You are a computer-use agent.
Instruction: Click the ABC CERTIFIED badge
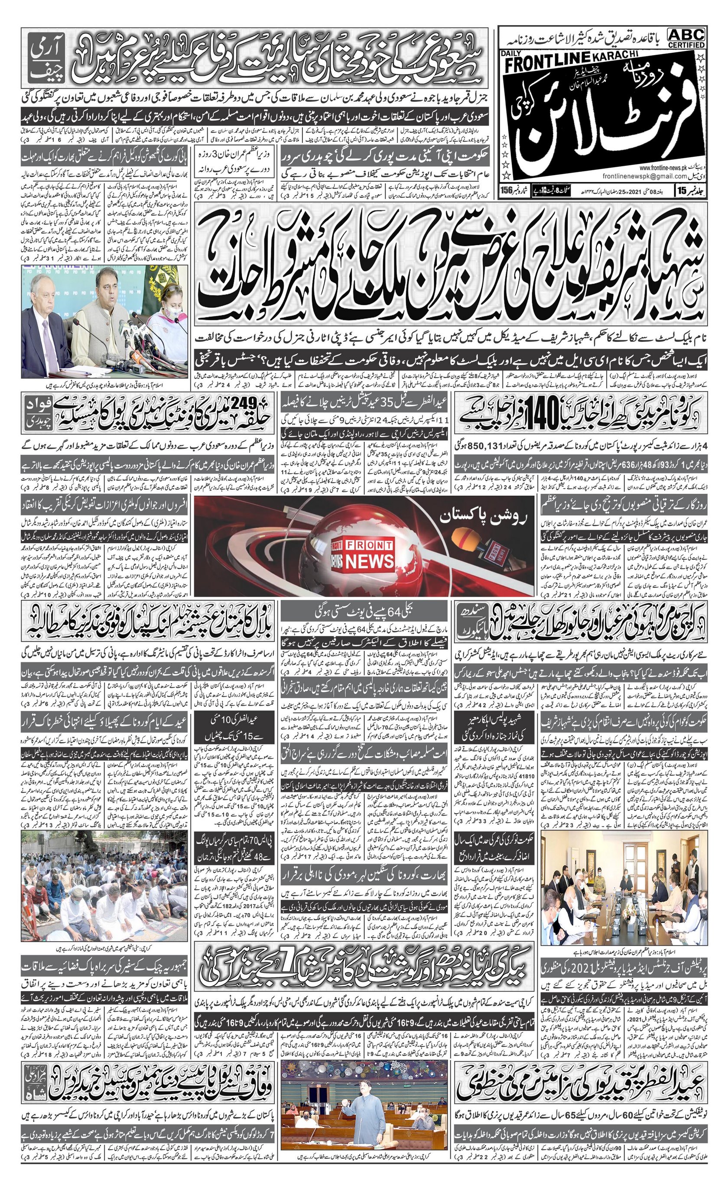point(686,38)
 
